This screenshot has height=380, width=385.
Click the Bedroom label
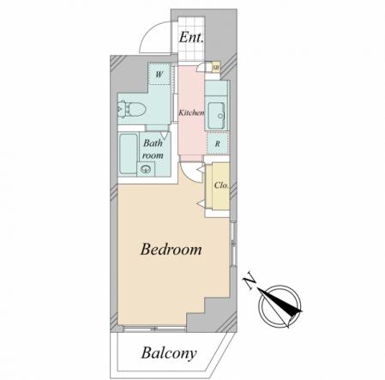(x=171, y=250)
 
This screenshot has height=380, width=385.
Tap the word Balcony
(x=169, y=353)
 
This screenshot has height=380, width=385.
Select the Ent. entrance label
(x=191, y=37)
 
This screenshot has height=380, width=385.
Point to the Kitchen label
(x=191, y=112)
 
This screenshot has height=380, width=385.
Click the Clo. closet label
(x=221, y=185)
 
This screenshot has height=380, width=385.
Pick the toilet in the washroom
(x=132, y=109)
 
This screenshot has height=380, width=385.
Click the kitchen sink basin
(x=217, y=116)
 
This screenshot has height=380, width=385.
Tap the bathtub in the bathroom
(x=128, y=154)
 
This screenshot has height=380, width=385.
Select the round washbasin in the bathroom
(x=146, y=169)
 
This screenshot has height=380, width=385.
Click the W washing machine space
(x=159, y=75)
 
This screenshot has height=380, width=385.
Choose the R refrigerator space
(x=218, y=144)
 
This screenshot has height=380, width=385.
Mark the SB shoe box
(x=216, y=68)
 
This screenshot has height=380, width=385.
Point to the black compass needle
(x=280, y=303)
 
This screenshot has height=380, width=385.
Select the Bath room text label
(x=153, y=149)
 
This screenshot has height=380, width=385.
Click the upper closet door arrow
(x=202, y=170)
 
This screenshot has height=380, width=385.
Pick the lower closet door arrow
(x=201, y=204)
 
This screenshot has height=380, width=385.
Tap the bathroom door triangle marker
(x=165, y=135)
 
